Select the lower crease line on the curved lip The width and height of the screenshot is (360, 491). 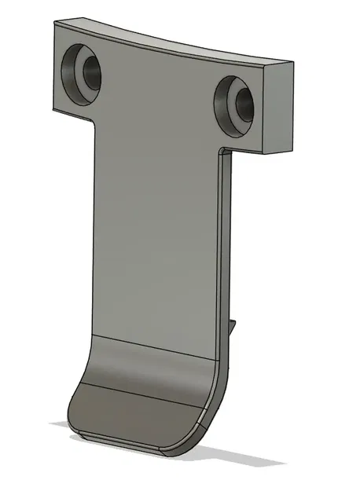click(141, 390)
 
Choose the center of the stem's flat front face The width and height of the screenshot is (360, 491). click(153, 236)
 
